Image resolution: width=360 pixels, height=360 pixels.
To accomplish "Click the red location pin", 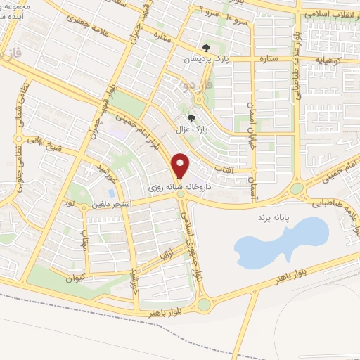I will click(x=181, y=165).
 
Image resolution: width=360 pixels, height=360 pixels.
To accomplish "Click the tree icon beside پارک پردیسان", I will click(x=205, y=49).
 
